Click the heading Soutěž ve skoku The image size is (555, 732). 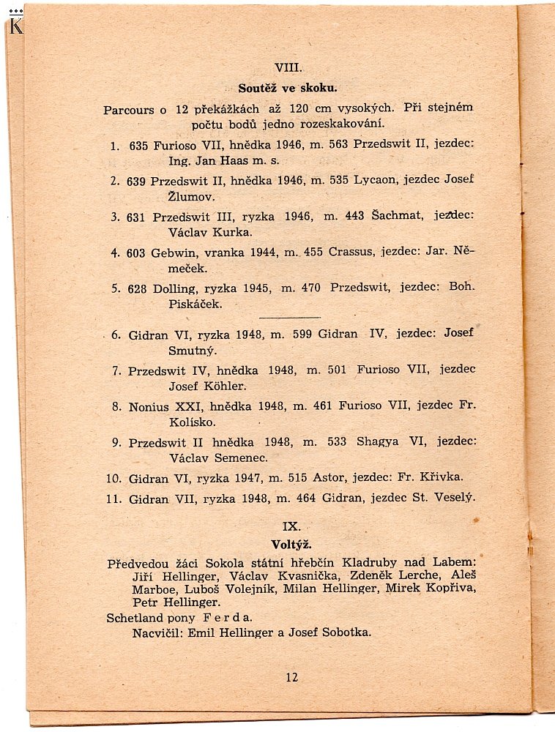(288, 89)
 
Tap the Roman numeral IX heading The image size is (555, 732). (291, 526)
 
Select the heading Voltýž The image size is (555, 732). (291, 545)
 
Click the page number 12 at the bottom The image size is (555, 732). (292, 677)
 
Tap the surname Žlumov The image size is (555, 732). (155, 198)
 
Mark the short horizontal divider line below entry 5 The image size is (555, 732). (290, 317)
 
